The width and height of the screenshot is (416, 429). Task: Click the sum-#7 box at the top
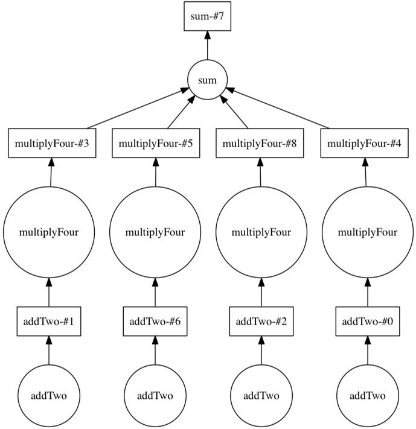[x=208, y=16]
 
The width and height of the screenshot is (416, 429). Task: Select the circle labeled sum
[x=208, y=80]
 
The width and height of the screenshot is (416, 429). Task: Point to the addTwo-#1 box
[x=49, y=321]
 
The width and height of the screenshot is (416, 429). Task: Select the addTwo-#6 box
[x=155, y=321]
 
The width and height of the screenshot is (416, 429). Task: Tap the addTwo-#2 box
[x=261, y=321]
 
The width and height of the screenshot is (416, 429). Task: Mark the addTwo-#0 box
[x=367, y=321]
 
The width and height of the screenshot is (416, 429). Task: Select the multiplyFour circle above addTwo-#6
[x=155, y=232]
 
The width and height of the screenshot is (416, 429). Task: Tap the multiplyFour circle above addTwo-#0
[x=367, y=232]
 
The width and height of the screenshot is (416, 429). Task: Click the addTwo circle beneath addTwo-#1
[x=49, y=396]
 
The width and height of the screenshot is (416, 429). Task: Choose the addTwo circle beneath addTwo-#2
[x=261, y=396]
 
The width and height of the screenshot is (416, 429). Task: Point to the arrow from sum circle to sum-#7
[x=208, y=46]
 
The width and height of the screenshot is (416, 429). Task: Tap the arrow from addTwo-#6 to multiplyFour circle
[x=155, y=293]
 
